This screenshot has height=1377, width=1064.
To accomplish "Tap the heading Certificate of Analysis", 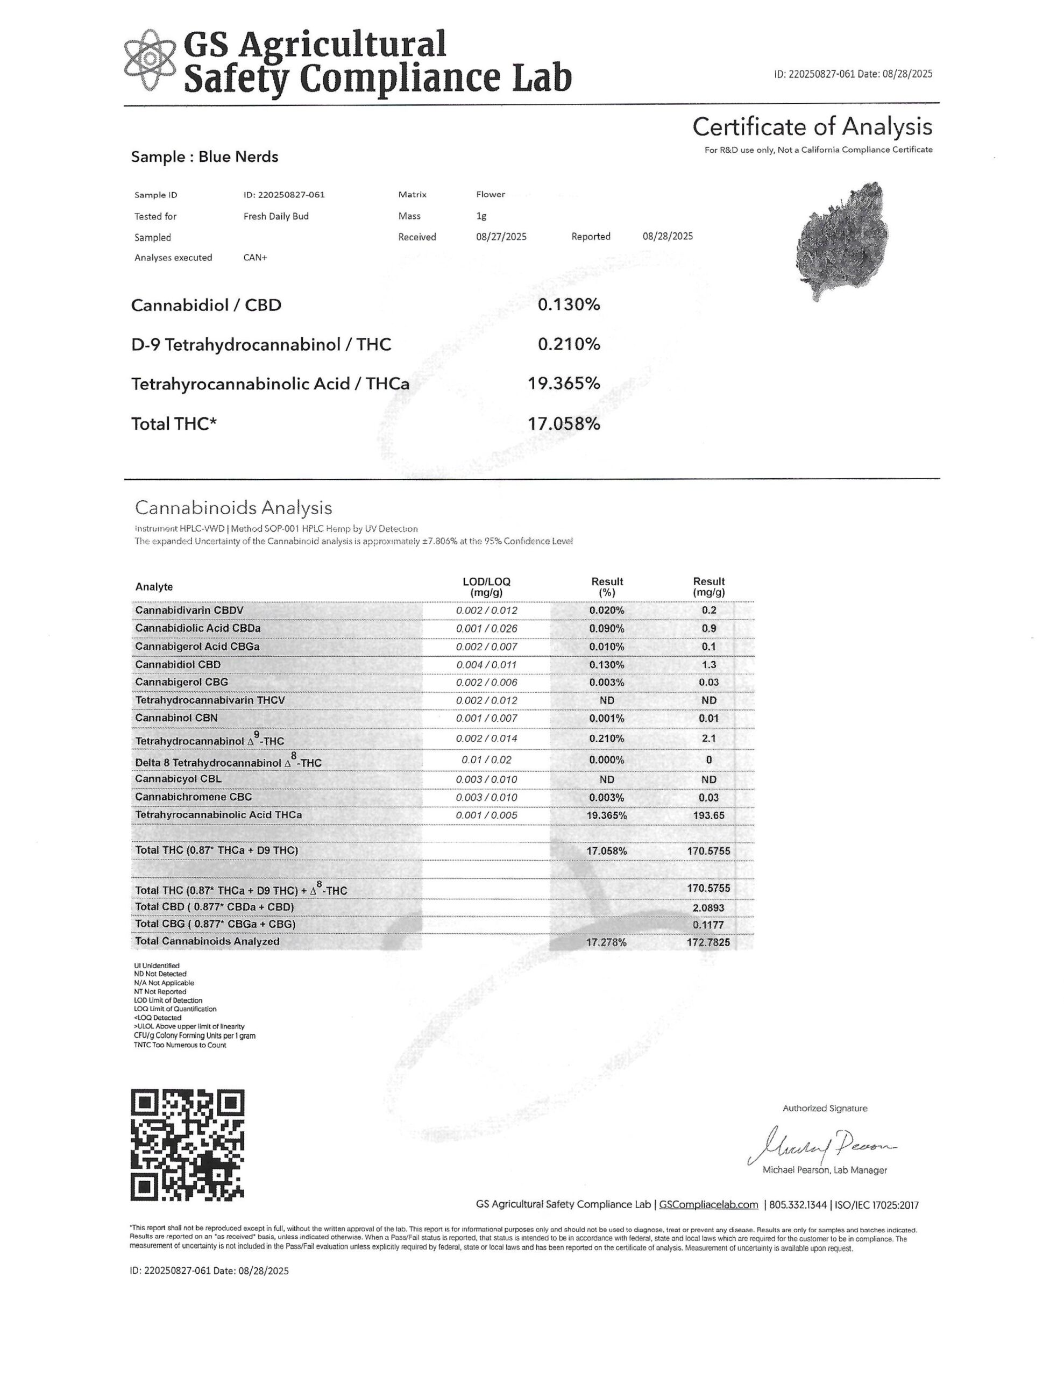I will pyautogui.click(x=812, y=127).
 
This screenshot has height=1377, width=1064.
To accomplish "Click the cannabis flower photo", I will pyautogui.click(x=842, y=241).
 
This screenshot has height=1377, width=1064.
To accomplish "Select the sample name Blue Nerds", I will pyautogui.click(x=238, y=157).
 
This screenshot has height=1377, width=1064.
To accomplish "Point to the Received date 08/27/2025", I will pyautogui.click(x=501, y=237).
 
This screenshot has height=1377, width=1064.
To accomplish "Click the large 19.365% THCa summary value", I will pyautogui.click(x=563, y=384).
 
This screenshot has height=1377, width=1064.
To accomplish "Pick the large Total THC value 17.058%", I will pyautogui.click(x=563, y=424).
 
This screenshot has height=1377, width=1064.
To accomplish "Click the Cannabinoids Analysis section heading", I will pyautogui.click(x=233, y=508).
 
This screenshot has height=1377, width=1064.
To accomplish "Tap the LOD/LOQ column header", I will pyautogui.click(x=486, y=586).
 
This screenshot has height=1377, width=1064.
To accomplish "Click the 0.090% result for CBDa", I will pyautogui.click(x=606, y=629).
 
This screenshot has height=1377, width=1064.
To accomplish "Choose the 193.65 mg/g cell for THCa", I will pyautogui.click(x=708, y=815).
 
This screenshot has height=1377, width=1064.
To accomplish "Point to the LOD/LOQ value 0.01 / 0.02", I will pyautogui.click(x=486, y=760).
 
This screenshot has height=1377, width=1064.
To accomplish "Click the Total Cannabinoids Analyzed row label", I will pyautogui.click(x=207, y=941).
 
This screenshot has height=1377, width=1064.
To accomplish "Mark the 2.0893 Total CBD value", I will pyautogui.click(x=708, y=908).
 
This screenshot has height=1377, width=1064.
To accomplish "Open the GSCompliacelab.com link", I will pyautogui.click(x=708, y=1205).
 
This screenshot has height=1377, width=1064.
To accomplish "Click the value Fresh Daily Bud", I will pyautogui.click(x=275, y=216).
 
